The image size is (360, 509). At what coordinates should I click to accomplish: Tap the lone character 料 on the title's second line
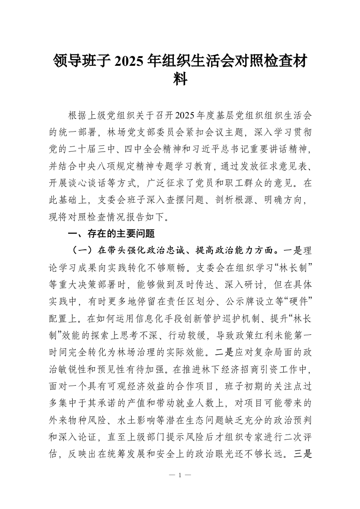click(180, 80)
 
